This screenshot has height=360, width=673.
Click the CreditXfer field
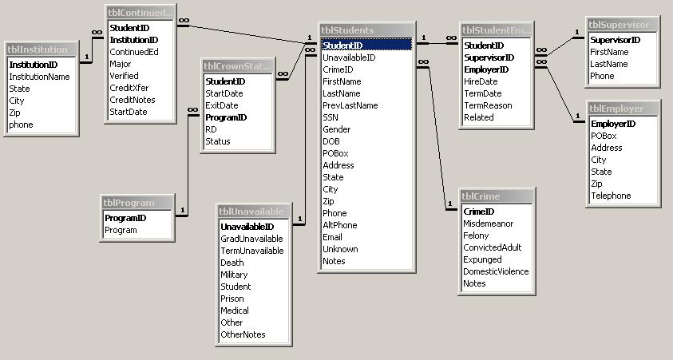[129, 88]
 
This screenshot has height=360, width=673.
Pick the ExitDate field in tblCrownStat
[222, 105]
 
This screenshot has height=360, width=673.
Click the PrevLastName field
[350, 105]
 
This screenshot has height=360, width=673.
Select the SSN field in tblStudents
[331, 117]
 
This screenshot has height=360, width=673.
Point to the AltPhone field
[339, 225]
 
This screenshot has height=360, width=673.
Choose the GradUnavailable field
[251, 239]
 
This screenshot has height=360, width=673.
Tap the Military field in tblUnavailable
[234, 275]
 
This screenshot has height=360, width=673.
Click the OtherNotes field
[243, 334]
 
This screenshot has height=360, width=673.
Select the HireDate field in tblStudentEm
[481, 81]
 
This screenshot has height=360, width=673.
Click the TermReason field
[488, 105]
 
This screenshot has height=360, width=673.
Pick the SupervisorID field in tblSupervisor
[615, 40]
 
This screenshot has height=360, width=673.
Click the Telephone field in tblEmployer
[611, 196]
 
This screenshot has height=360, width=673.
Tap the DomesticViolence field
[496, 271]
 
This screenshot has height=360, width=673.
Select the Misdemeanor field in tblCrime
[489, 224]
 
